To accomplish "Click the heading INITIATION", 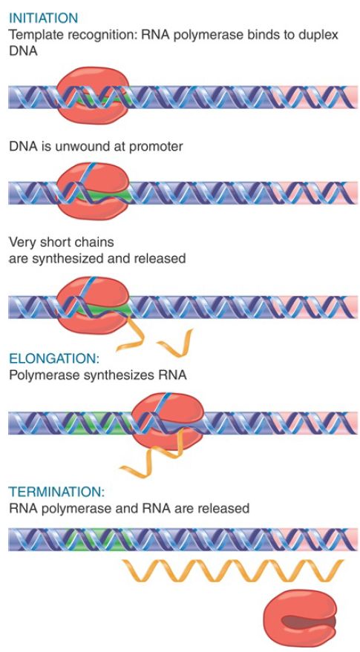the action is (x=43, y=18).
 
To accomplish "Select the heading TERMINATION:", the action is (x=56, y=492).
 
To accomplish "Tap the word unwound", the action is (x=76, y=147).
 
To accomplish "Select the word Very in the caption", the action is (x=20, y=242).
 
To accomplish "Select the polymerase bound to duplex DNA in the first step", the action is (x=93, y=95).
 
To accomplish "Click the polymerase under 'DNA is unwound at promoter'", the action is (x=93, y=191).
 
